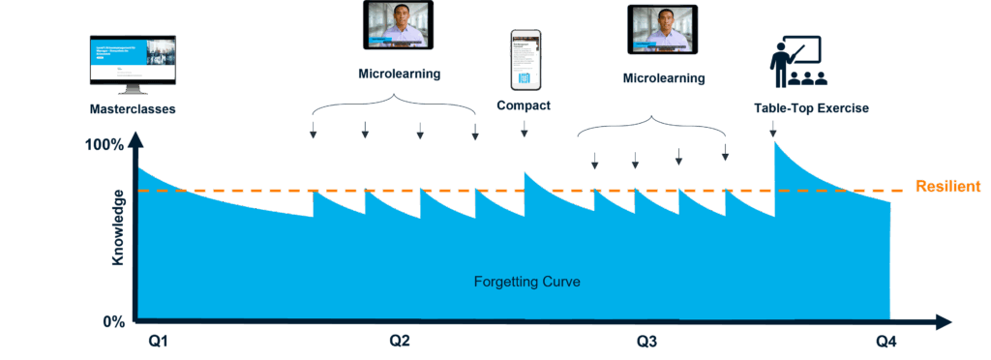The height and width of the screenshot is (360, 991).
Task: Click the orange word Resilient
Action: point(951,186)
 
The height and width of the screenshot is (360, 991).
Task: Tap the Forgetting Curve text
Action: point(526,282)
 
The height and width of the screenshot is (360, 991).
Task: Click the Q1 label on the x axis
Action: point(159,342)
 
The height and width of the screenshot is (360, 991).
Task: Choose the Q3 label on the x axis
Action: point(647,342)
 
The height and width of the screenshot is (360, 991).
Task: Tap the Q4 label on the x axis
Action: point(887,342)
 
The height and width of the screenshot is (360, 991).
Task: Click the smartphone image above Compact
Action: point(524,59)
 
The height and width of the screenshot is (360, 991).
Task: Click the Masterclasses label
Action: point(133,109)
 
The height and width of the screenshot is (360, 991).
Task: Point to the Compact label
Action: point(524,105)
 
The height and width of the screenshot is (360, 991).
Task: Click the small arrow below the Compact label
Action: point(525,129)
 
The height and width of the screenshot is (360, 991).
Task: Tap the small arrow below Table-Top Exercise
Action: point(772,128)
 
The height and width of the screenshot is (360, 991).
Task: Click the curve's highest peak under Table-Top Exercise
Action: point(775,144)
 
